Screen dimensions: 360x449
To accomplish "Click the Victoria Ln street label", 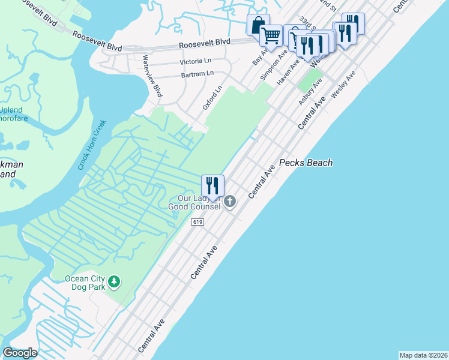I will coord(196,62).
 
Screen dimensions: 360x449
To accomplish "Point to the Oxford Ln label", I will coord(212,97).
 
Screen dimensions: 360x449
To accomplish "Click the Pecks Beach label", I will coord(306,163).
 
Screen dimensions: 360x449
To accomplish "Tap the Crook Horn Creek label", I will coord(92,145).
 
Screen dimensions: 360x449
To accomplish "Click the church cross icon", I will coord(230,203).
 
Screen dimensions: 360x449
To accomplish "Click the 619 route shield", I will coord(197,222).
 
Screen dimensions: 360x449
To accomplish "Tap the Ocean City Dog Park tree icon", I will coord(114,281).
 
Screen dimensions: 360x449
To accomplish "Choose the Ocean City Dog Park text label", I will coord(85,282).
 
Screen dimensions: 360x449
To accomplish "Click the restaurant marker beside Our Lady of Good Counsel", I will coord(212,187).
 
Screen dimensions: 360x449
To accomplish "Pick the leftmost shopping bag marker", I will coord(258,26).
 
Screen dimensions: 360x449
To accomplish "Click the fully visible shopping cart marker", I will coord(271,36).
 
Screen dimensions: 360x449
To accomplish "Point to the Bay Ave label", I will coord(259,58).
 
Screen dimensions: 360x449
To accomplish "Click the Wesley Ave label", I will coord(343,84).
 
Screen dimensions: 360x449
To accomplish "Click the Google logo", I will coord(20,353).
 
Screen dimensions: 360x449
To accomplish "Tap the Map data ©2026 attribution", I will coord(423,355).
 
